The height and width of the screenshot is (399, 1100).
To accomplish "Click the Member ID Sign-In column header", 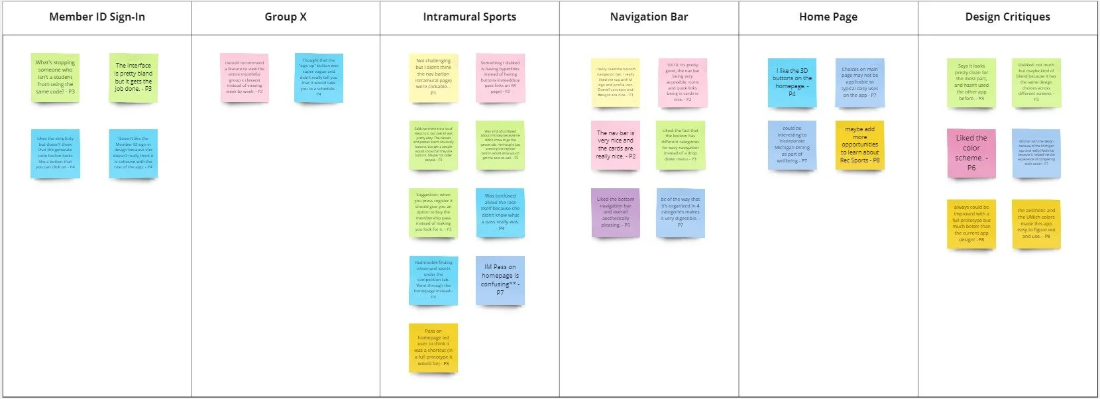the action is click(97, 17).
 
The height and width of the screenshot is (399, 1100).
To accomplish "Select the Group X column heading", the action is click(286, 17).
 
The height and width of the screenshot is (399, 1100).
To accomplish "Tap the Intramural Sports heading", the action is click(469, 17).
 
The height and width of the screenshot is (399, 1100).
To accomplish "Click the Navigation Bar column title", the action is click(649, 17).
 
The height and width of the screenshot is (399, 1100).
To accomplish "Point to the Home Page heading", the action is click(828, 17).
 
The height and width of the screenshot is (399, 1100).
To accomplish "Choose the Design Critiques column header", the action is click(1007, 17).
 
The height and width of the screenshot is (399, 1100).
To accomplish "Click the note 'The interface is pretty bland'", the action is click(133, 78).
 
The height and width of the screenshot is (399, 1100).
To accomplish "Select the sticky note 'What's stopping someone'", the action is click(55, 78).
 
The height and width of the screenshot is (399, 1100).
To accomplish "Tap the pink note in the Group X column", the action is click(245, 78).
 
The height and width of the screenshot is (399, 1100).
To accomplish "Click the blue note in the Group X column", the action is click(319, 78).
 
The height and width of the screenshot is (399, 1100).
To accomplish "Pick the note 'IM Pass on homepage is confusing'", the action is click(500, 280).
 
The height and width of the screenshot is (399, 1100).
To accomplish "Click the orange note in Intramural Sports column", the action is click(433, 347).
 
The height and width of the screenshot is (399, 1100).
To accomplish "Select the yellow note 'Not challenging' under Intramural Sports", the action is click(433, 78).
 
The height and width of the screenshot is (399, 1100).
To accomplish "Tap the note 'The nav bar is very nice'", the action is click(616, 144).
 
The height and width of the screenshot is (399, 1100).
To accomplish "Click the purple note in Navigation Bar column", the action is click(615, 212).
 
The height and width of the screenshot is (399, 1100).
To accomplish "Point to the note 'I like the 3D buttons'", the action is click(792, 82).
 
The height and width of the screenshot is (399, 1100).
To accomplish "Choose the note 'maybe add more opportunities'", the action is click(859, 144).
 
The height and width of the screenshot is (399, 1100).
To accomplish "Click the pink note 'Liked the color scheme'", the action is click(971, 153).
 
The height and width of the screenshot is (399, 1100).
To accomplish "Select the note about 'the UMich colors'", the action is click(1036, 223).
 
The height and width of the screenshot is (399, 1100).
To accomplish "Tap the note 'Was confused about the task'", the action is click(500, 212).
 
